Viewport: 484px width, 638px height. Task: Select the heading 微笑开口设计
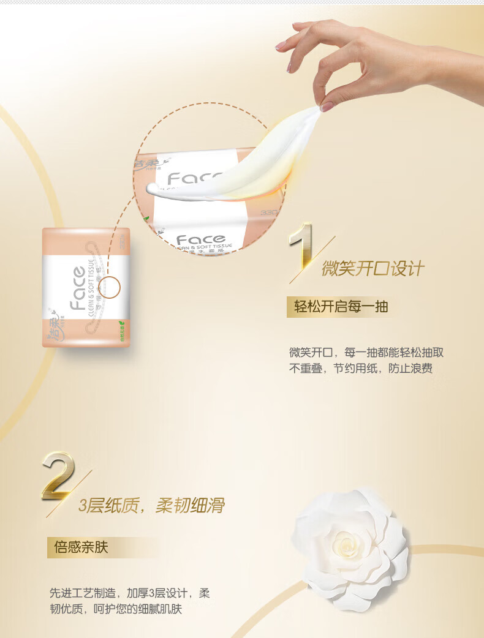[373, 268]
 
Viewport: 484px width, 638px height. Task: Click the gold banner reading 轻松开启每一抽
[341, 306]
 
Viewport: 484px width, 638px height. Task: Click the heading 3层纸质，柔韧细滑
[151, 505]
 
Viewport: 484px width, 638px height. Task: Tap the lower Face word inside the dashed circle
[200, 239]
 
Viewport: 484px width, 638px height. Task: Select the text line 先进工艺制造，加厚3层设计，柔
[129, 593]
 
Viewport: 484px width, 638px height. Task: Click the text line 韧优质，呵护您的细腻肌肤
[116, 609]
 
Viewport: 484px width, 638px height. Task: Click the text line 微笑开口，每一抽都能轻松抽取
[366, 353]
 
